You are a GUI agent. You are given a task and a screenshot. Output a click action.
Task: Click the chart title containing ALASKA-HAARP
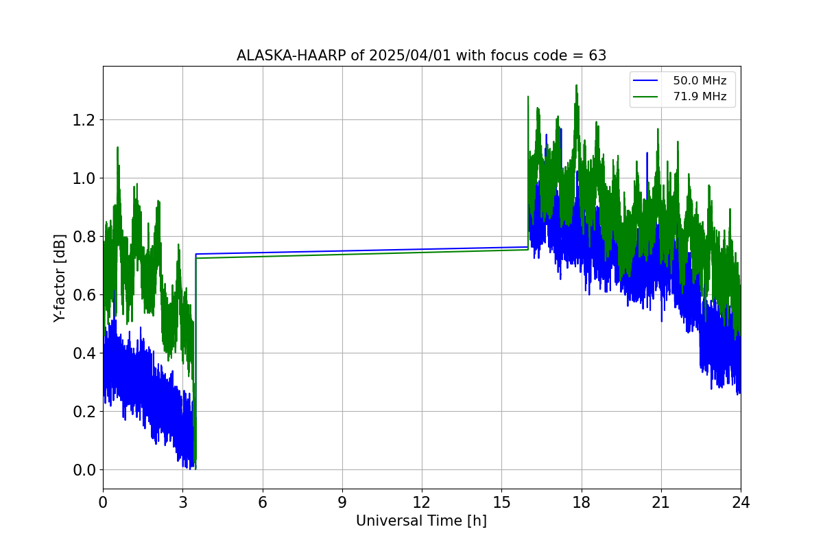pyautogui.click(x=421, y=56)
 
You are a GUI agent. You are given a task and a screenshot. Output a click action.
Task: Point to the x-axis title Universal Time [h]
pyautogui.click(x=421, y=521)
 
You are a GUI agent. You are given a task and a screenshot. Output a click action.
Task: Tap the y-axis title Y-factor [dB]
pyautogui.click(x=60, y=278)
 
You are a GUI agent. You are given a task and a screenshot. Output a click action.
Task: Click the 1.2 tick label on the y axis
pyautogui.click(x=84, y=120)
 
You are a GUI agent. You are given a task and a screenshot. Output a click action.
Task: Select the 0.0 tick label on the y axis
pyautogui.click(x=84, y=470)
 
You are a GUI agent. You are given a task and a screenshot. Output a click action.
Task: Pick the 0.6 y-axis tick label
pyautogui.click(x=84, y=295)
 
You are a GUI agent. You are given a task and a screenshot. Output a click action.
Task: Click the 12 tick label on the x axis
pyautogui.click(x=422, y=502)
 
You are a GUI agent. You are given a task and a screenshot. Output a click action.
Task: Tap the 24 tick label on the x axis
pyautogui.click(x=741, y=502)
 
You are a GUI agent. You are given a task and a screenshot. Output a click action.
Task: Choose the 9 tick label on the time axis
pyautogui.click(x=342, y=502)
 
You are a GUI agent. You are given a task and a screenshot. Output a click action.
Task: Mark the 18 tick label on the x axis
pyautogui.click(x=582, y=502)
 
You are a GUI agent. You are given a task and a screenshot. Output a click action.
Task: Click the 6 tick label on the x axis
pyautogui.click(x=263, y=502)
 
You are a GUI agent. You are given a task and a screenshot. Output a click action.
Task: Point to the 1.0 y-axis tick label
pyautogui.click(x=84, y=178)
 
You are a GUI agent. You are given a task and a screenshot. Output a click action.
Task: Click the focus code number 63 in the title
pyautogui.click(x=597, y=56)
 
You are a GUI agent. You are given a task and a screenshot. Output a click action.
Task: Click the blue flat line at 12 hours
pyautogui.click(x=422, y=250)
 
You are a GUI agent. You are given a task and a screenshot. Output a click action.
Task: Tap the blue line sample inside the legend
pyautogui.click(x=648, y=81)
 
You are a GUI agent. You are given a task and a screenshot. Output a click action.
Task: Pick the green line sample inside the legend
pyautogui.click(x=648, y=97)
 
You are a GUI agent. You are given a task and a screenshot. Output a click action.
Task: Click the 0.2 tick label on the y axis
pyautogui.click(x=84, y=412)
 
